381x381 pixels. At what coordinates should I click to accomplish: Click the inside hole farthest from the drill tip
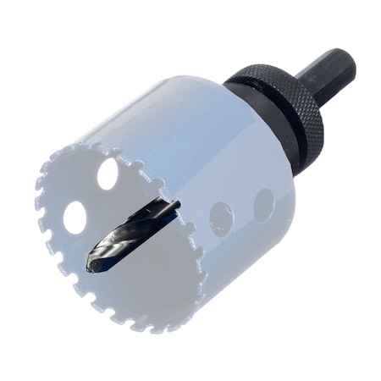click(108, 174)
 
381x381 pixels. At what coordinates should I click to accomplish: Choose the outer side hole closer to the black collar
click(263, 204)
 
